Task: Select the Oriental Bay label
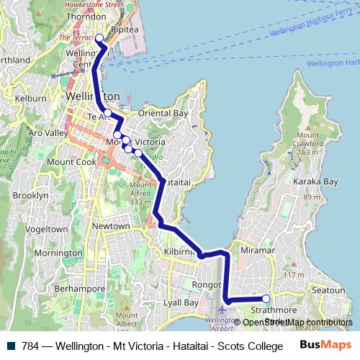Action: (x=163, y=114)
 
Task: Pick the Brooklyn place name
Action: (x=31, y=195)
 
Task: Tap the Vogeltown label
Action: (x=46, y=229)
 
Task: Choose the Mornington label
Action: (x=58, y=253)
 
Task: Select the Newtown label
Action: (x=111, y=226)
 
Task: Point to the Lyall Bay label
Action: (x=180, y=303)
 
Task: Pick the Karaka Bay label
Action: (x=315, y=181)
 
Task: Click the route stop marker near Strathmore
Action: (x=266, y=299)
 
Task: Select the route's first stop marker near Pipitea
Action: (x=99, y=38)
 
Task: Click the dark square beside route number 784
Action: (x=12, y=346)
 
